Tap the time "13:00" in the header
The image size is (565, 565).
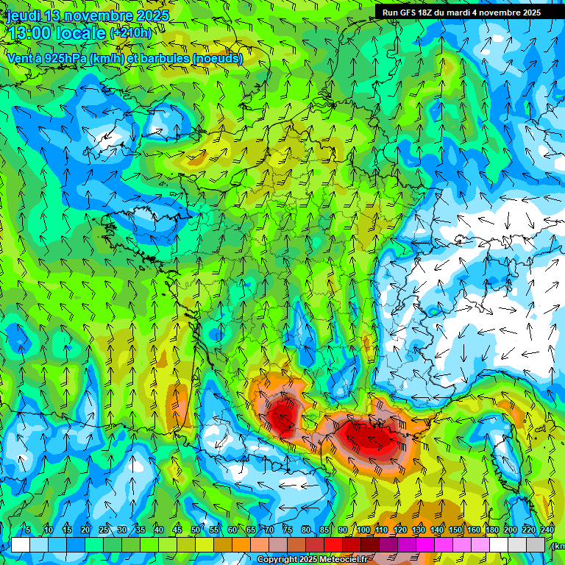coord(30,33)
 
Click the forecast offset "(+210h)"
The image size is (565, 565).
coord(130,33)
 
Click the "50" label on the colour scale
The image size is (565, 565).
coord(196,530)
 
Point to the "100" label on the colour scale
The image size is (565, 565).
coord(363,530)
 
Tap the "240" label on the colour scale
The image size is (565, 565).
coord(547,530)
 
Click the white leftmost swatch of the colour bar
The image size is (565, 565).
coord(21,544)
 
